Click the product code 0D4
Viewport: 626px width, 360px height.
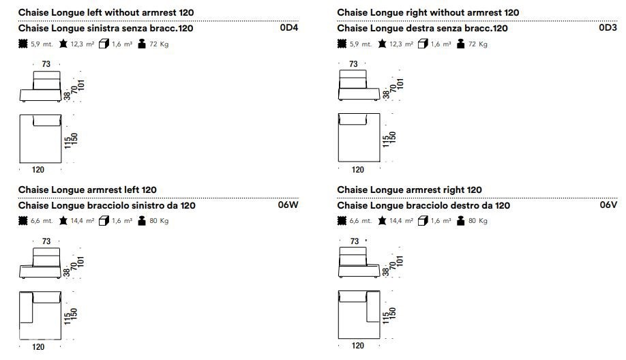[289, 27]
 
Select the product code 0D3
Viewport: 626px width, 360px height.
[608, 27]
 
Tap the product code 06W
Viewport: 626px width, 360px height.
[288, 205]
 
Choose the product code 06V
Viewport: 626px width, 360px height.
[608, 205]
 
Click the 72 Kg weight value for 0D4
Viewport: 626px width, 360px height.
[159, 44]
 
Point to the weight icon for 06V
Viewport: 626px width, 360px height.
[461, 221]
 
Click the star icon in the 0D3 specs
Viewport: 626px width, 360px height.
[382, 44]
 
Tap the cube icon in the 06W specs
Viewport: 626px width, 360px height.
[104, 221]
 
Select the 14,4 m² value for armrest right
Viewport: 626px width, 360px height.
[401, 221]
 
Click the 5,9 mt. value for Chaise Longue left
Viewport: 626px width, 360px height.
[42, 44]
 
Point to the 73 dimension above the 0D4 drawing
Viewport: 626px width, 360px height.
[46, 64]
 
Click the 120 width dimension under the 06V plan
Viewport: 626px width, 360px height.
[358, 346]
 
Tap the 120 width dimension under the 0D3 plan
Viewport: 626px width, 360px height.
[358, 170]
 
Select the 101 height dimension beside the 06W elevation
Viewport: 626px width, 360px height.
[81, 262]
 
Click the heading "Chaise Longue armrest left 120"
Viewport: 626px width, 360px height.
[87, 190]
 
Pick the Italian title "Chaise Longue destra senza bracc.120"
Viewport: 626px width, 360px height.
[422, 29]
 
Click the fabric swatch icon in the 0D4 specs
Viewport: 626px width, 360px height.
[23, 44]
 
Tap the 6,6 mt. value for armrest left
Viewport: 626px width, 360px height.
[42, 221]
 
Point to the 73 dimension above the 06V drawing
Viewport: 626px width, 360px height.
[355, 241]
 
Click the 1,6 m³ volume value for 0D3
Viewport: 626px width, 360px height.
[441, 44]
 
